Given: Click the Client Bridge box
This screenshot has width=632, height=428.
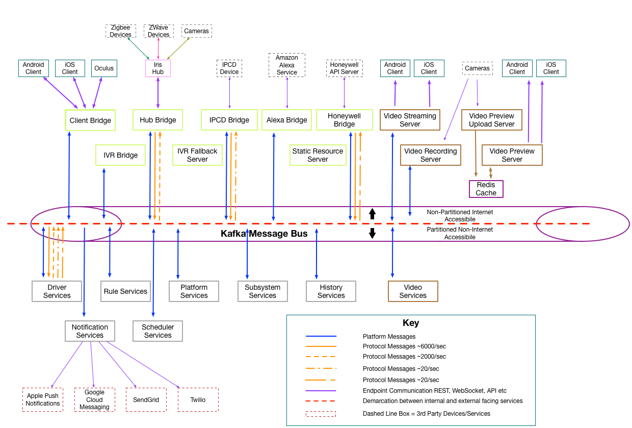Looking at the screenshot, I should click(90, 120).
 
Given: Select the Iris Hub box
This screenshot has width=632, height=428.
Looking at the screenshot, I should click(158, 68).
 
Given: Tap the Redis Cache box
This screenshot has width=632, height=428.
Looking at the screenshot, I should click(486, 189).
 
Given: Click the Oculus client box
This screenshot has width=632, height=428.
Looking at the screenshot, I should click(104, 68).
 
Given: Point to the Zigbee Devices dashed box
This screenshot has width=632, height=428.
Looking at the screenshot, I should click(120, 31).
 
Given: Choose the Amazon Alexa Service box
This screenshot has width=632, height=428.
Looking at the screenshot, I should click(286, 65).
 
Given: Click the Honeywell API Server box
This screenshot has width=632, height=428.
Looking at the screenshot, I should click(344, 68).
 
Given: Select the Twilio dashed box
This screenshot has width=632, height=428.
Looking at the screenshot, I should click(198, 399).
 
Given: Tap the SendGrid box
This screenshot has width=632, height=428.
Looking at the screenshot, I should click(146, 399).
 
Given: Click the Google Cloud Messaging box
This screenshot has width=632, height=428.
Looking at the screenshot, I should click(94, 399).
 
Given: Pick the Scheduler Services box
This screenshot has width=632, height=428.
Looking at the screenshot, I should click(157, 331).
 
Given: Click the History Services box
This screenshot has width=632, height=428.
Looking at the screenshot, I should click(331, 291).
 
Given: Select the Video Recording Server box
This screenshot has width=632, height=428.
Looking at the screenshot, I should click(430, 155).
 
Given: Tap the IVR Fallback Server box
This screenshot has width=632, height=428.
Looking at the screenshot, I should click(197, 155).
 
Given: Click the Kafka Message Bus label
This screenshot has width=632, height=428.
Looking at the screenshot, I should click(264, 234).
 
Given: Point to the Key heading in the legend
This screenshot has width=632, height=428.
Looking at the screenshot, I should click(411, 323).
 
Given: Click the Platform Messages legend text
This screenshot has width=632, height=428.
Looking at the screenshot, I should click(389, 337).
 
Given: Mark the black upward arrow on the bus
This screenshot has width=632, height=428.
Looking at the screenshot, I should click(372, 214).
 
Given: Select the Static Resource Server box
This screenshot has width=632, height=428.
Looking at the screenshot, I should click(318, 155).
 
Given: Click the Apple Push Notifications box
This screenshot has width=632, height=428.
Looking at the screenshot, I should click(43, 399).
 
